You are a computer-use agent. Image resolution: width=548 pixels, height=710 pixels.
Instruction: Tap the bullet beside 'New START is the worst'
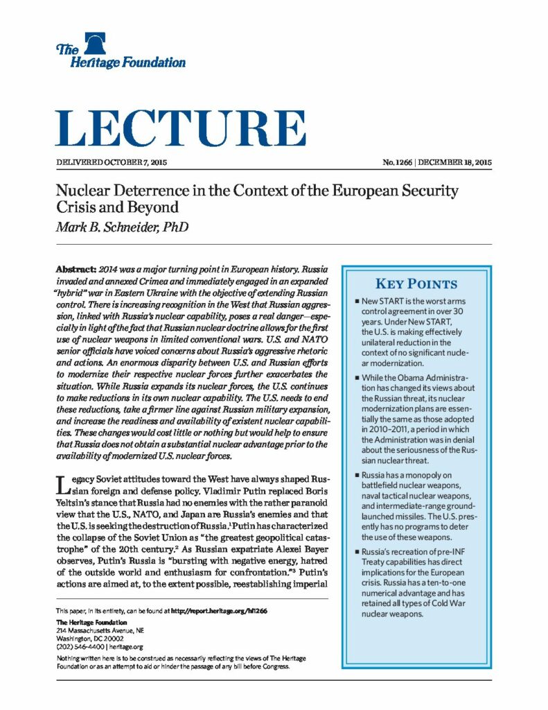pyautogui.click(x=355, y=302)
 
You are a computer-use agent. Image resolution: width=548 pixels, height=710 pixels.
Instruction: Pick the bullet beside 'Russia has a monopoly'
pyautogui.click(x=355, y=475)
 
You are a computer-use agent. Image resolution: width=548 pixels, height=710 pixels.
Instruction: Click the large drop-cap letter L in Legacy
pyautogui.click(x=62, y=485)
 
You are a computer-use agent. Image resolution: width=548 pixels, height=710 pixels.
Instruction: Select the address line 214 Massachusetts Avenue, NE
pyautogui.click(x=95, y=630)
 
